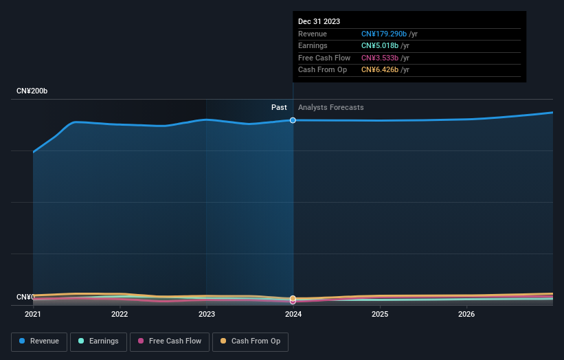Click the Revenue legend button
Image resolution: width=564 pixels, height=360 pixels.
[x=39, y=341]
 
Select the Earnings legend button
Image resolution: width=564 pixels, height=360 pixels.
[x=98, y=341]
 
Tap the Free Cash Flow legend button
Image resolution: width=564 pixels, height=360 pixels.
[x=169, y=341]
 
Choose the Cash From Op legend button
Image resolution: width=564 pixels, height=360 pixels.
[x=251, y=341]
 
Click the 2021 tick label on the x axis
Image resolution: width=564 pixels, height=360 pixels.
[x=33, y=315]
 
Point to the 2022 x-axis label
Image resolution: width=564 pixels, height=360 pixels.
[x=120, y=315]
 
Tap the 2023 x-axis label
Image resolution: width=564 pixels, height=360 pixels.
[x=207, y=315]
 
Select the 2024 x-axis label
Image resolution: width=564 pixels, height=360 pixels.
[x=293, y=315]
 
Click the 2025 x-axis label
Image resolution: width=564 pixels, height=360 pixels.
[x=380, y=315]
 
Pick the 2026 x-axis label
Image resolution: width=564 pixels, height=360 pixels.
[x=467, y=315]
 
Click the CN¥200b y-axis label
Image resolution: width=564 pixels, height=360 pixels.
[x=32, y=91]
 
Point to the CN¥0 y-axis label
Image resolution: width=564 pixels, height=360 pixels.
[x=25, y=297]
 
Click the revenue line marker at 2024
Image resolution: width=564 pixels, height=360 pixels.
[x=293, y=120]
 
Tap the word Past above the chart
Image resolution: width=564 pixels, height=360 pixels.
[x=279, y=107]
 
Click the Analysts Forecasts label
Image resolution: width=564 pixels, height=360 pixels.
[x=331, y=107]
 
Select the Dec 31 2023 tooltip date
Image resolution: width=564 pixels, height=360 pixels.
[x=319, y=22]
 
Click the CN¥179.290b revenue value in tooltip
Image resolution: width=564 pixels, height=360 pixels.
[x=384, y=34]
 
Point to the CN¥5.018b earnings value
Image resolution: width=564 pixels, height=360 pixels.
[x=379, y=46]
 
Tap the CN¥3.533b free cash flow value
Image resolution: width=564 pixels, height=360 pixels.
[x=379, y=58]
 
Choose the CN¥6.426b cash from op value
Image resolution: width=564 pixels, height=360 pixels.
[x=379, y=70]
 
